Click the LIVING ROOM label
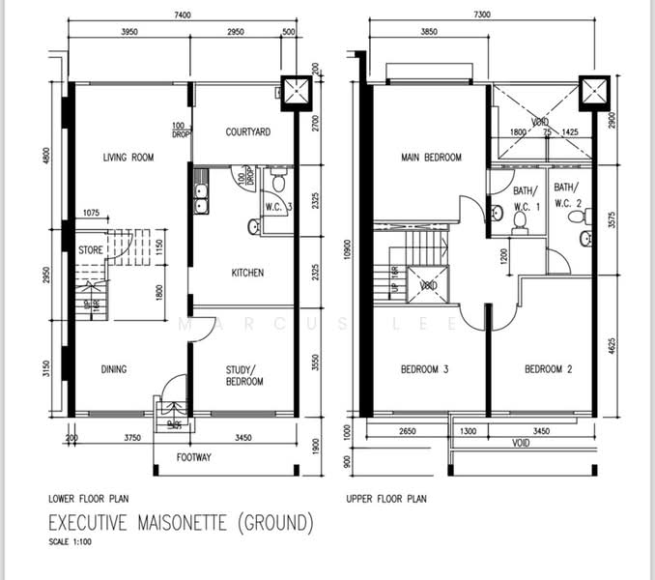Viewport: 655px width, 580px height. click(x=129, y=158)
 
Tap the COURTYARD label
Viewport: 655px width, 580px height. click(x=247, y=132)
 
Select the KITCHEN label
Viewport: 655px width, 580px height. click(x=247, y=274)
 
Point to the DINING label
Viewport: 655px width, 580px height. click(x=114, y=368)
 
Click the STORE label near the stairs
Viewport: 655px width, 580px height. click(x=92, y=249)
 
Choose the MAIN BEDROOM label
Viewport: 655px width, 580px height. click(x=431, y=158)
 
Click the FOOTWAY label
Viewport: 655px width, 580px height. click(x=196, y=458)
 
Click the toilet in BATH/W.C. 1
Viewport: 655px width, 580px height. click(x=520, y=222)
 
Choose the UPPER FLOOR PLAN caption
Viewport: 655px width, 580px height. click(x=385, y=500)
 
